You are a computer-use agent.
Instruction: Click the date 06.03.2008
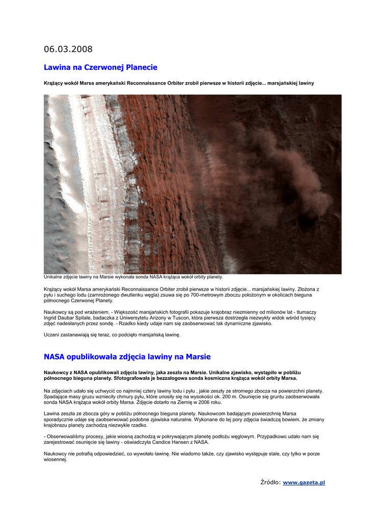coord(68,49)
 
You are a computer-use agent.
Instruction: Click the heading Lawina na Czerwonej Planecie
coord(100,67)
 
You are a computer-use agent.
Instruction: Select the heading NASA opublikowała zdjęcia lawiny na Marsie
coord(127,356)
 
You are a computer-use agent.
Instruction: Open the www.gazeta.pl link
coord(304,482)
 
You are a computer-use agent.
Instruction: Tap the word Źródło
coord(270,482)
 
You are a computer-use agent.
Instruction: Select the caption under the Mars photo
coord(133,277)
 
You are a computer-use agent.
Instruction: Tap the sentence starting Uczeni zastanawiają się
coord(112,335)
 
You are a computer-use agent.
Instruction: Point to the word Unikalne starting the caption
coord(54,277)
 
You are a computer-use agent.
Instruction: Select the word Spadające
coord(57,396)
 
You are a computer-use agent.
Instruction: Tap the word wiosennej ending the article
coord(55,459)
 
